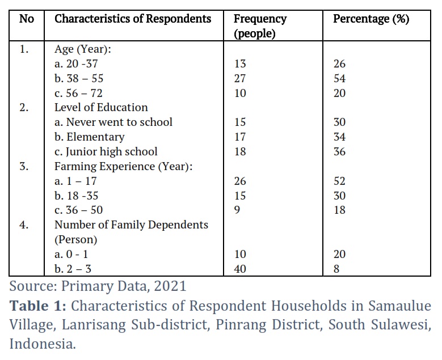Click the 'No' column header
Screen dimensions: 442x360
tap(27, 19)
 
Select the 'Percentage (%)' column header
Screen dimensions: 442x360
tap(371, 19)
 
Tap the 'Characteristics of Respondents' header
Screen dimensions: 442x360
tap(133, 19)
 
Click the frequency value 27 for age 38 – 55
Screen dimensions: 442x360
tap(240, 78)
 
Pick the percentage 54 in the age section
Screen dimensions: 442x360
tap(339, 78)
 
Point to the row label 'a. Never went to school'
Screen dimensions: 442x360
tap(113, 122)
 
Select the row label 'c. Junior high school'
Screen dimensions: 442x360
tap(106, 151)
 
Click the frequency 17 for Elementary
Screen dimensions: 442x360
tap(240, 137)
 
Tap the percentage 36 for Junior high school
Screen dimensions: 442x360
tap(339, 151)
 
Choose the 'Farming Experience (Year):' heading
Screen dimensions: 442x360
tap(124, 166)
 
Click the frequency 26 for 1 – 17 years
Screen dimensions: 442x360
tap(240, 181)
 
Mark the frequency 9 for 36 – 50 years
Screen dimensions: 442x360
tap(237, 210)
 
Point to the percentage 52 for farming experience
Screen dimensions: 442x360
tap(339, 181)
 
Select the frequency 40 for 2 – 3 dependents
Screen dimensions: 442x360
tap(240, 269)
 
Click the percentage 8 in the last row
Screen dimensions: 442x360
tap(336, 269)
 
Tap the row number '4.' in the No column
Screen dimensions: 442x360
tap(24, 225)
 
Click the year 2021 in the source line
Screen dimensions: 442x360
tap(170, 286)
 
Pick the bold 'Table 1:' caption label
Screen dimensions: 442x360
tap(38, 306)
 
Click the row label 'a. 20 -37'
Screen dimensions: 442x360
tap(76, 63)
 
